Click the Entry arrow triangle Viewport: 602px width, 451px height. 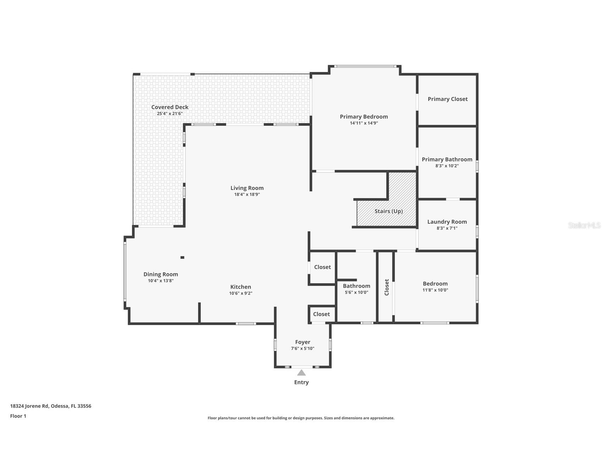[x=301, y=373]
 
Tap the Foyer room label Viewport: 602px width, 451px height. [x=303, y=342]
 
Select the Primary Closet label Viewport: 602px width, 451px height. [x=447, y=99]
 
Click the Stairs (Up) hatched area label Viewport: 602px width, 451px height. [x=388, y=211]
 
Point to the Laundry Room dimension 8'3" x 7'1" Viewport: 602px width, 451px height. [x=447, y=228]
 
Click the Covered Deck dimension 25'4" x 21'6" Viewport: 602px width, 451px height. [x=170, y=114]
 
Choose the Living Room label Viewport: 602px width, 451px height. [x=247, y=188]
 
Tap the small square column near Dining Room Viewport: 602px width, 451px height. [x=182, y=257]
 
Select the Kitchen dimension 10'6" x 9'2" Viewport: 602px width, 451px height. [x=241, y=294]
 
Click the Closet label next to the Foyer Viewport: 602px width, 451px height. [x=321, y=314]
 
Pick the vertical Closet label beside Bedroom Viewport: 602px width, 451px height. [x=387, y=287]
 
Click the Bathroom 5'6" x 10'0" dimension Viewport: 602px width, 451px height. [x=356, y=293]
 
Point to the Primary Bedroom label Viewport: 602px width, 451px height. [x=364, y=117]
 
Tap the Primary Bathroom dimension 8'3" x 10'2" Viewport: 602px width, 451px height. [x=447, y=166]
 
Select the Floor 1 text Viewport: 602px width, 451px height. [x=18, y=416]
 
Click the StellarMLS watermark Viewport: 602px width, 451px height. [x=584, y=225]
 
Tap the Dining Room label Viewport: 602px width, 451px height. [x=160, y=274]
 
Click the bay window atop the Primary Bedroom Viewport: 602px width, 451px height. [x=365, y=66]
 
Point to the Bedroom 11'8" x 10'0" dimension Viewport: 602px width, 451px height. [x=435, y=290]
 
